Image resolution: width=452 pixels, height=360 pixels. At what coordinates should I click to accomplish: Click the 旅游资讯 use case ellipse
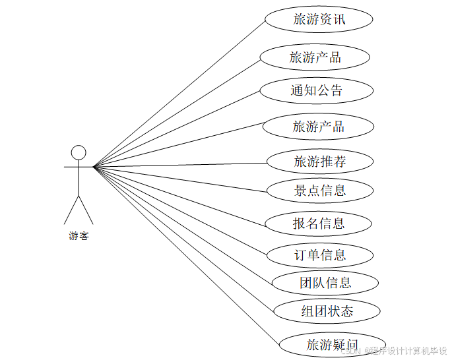click(x=319, y=20)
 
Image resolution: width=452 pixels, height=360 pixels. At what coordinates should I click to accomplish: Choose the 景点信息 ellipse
click(x=320, y=191)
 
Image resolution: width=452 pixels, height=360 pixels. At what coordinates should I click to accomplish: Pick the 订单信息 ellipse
click(x=320, y=255)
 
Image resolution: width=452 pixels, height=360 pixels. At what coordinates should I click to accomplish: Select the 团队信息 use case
click(x=325, y=284)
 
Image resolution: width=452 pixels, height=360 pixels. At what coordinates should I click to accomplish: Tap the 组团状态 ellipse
click(x=327, y=311)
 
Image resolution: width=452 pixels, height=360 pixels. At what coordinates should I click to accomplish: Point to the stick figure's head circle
click(x=79, y=152)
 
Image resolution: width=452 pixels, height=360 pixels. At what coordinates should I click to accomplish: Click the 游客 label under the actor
click(x=79, y=236)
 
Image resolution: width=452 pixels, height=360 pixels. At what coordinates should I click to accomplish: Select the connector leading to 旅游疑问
click(x=185, y=253)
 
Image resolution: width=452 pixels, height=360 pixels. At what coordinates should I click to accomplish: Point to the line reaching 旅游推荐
click(x=178, y=165)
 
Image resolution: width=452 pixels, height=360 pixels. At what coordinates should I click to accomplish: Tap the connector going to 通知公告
click(x=178, y=128)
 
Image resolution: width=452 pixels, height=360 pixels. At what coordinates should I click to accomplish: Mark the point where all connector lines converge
click(x=94, y=167)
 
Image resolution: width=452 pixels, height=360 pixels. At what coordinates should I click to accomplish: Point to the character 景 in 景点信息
click(x=300, y=191)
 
